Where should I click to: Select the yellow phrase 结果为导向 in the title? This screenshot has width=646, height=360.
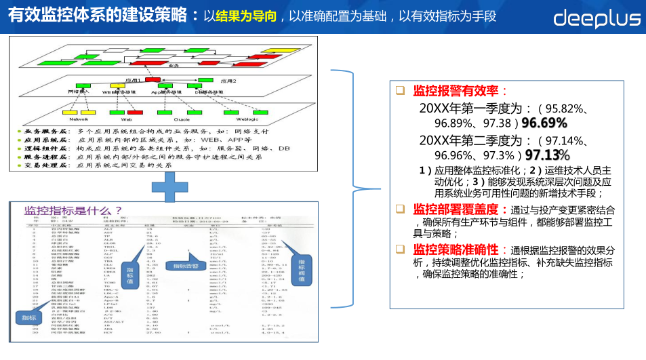(245, 16)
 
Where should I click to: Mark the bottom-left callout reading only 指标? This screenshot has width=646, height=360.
(28, 317)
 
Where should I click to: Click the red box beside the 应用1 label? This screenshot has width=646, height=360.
(153, 80)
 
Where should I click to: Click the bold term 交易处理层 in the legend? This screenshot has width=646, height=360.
(42, 165)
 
